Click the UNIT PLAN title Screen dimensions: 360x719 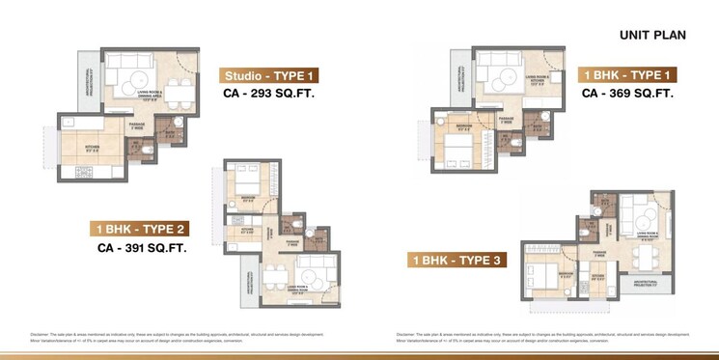coord(652,36)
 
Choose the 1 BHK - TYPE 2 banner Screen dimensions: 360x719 coord(139,229)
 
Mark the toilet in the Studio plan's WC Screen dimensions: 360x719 coord(145,152)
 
